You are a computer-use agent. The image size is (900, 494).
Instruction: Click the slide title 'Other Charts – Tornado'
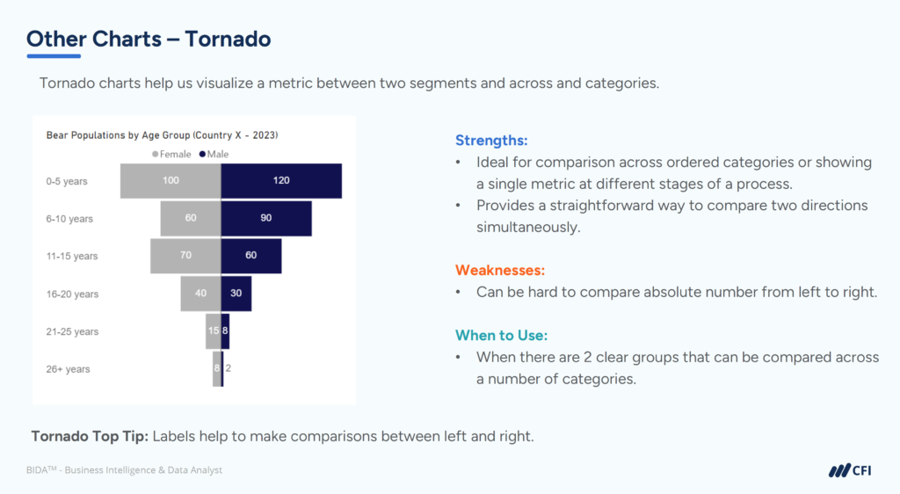(149, 39)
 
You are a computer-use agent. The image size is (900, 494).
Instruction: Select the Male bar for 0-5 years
(280, 180)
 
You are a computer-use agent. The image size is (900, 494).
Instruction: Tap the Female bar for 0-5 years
(171, 180)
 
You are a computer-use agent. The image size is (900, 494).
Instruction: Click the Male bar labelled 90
(265, 218)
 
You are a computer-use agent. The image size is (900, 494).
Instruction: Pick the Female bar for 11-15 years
(185, 256)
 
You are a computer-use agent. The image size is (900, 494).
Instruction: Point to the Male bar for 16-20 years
(236, 294)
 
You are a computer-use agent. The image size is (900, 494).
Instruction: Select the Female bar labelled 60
(190, 218)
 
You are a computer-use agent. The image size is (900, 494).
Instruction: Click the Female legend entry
(172, 154)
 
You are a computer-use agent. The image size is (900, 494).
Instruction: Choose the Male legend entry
(214, 154)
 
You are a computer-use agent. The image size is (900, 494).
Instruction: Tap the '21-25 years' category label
(72, 331)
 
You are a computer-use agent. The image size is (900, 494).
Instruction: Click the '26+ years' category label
(68, 369)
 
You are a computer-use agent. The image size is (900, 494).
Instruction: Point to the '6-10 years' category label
(69, 218)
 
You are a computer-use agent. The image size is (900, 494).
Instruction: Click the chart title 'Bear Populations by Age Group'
(162, 135)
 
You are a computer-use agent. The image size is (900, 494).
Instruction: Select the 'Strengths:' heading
(491, 140)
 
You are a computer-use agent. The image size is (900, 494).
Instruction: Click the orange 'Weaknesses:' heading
(500, 270)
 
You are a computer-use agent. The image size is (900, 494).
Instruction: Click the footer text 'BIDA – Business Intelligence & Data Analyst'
(124, 470)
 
